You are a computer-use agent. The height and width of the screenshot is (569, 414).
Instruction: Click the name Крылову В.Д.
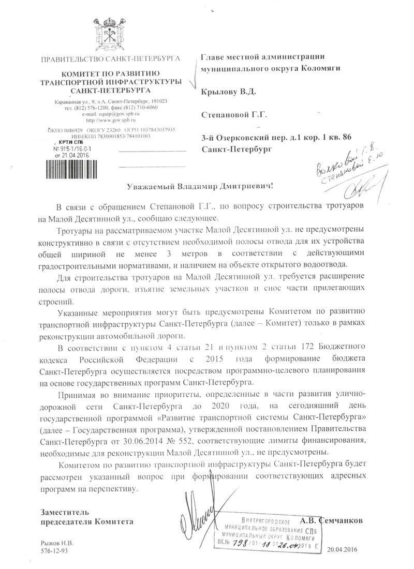(228, 92)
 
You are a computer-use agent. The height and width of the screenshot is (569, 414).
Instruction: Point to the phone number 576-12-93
(54, 551)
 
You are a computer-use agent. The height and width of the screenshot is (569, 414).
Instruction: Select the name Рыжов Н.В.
(57, 544)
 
